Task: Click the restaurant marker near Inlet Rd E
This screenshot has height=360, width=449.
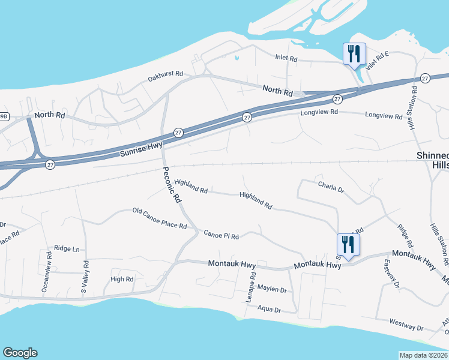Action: pyautogui.click(x=354, y=54)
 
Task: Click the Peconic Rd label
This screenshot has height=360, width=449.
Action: pyautogui.click(x=172, y=186)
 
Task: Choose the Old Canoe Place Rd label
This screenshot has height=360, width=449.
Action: pyautogui.click(x=160, y=219)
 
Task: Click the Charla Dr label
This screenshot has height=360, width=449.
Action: pyautogui.click(x=331, y=187)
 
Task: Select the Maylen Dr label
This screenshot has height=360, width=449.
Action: pyautogui.click(x=272, y=289)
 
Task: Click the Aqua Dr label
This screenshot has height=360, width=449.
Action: pyautogui.click(x=269, y=310)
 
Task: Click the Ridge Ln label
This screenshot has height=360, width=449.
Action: pyautogui.click(x=67, y=248)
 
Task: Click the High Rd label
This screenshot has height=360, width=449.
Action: pyautogui.click(x=122, y=279)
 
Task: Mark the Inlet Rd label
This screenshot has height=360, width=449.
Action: pyautogui.click(x=286, y=59)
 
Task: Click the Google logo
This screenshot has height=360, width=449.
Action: pyautogui.click(x=20, y=353)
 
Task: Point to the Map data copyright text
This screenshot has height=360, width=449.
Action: pyautogui.click(x=423, y=355)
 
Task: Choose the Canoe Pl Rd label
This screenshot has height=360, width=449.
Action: pyautogui.click(x=221, y=235)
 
